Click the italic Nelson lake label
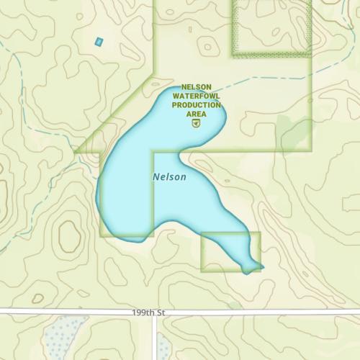click(x=169, y=176)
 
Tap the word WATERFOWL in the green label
click(x=196, y=96)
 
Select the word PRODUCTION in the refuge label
click(x=196, y=105)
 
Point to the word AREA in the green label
click(x=196, y=114)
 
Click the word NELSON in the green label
click(x=196, y=87)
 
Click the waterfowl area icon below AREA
click(x=196, y=123)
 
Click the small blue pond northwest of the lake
click(x=99, y=42)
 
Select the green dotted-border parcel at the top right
click(x=271, y=27)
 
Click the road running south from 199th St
click(x=154, y=338)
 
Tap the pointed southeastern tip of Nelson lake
click(x=261, y=267)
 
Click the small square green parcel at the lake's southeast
click(x=220, y=252)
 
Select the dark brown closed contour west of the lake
click(x=70, y=235)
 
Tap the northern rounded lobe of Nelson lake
click(x=191, y=108)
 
